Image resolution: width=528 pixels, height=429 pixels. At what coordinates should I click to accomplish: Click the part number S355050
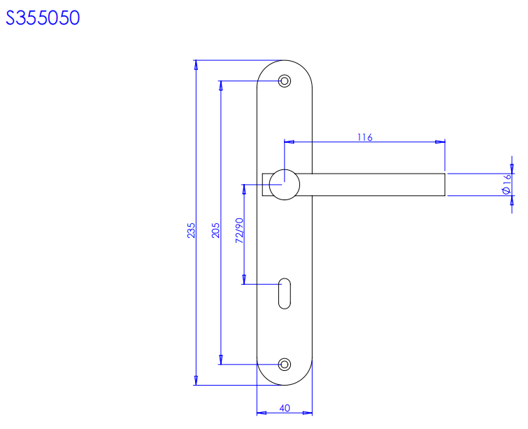point(43,18)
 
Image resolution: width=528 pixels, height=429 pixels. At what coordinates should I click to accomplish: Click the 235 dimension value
point(190,231)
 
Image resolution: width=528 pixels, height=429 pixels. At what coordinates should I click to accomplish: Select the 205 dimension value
point(215,231)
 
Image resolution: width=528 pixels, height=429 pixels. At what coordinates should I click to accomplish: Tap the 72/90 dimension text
point(239,230)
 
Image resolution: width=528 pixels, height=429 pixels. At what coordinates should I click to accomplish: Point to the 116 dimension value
point(364,137)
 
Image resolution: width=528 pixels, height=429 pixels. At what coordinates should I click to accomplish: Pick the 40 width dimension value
point(285,407)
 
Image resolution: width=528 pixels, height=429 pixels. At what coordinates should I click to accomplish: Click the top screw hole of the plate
point(284,81)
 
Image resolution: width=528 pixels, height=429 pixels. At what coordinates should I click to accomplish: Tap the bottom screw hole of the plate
point(284,364)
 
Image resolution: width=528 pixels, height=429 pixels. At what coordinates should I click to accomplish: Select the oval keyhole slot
point(284,293)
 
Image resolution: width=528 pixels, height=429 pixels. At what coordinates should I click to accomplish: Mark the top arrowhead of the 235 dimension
point(196,65)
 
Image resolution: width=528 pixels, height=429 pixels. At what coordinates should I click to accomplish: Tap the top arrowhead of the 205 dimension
point(222,85)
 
